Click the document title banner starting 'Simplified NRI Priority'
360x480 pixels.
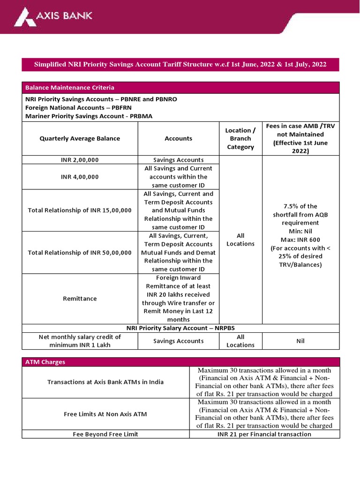click(180, 64)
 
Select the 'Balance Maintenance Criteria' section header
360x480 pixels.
click(70, 88)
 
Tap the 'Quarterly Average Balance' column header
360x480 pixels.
click(80, 138)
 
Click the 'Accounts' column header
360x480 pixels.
click(178, 138)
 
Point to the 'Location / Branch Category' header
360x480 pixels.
click(240, 138)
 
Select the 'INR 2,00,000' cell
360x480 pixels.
click(80, 160)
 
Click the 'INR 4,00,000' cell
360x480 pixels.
click(80, 177)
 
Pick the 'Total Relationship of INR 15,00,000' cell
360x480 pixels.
click(80, 210)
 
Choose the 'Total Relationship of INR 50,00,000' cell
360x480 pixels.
click(80, 252)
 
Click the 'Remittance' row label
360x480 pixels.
click(80, 299)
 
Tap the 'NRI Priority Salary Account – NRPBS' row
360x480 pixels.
click(180, 328)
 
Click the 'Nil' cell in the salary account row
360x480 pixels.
click(300, 341)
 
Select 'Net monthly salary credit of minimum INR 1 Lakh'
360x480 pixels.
click(80, 341)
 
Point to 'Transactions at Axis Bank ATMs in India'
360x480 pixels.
click(105, 382)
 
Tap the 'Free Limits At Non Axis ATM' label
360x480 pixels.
click(105, 414)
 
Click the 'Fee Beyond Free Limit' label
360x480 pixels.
click(105, 434)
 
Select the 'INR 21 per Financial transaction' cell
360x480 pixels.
click(264, 434)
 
